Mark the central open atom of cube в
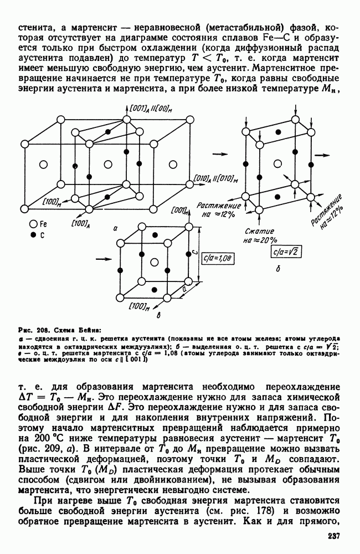click(x=156, y=261)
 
